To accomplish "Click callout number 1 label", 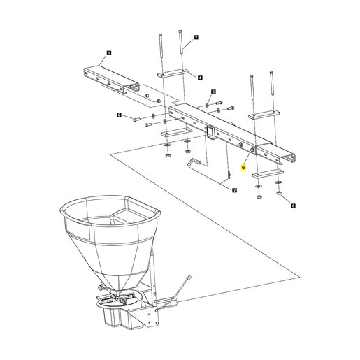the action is tap(109, 53).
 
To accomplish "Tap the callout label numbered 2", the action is tap(120, 115).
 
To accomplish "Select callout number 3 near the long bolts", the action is tap(196, 37).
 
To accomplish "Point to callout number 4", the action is tap(200, 78).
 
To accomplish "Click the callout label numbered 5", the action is tap(213, 92).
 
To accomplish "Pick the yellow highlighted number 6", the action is tap(243, 167).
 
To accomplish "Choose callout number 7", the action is tap(234, 190).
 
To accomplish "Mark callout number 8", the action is tap(293, 206).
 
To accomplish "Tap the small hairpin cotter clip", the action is tap(229, 175).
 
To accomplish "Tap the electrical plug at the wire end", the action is tap(189, 278).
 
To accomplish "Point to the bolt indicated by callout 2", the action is tap(136, 119).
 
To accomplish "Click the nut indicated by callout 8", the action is tap(278, 193).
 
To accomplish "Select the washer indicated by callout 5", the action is tap(207, 103).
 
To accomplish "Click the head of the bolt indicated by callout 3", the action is tap(180, 31).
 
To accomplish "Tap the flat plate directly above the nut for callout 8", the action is tap(268, 173).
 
